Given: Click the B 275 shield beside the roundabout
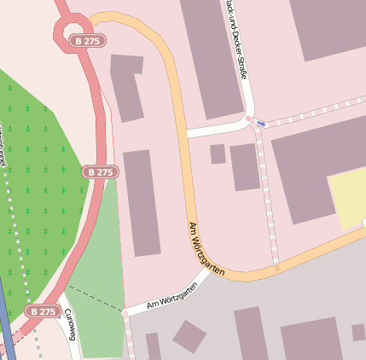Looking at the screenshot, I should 84,41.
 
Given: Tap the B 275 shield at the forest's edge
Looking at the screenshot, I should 100,171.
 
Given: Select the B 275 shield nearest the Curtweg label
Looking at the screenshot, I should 42,311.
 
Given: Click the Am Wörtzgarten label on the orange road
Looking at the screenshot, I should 206,249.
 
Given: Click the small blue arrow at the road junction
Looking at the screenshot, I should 261,124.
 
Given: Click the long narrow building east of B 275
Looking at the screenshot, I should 142,202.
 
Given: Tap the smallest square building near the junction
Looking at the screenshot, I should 218,154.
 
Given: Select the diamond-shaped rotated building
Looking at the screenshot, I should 189,337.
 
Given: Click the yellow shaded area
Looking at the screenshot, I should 348,198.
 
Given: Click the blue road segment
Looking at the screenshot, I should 7,324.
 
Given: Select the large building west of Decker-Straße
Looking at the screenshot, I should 211,55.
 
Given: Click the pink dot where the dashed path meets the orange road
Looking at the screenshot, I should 276,268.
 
